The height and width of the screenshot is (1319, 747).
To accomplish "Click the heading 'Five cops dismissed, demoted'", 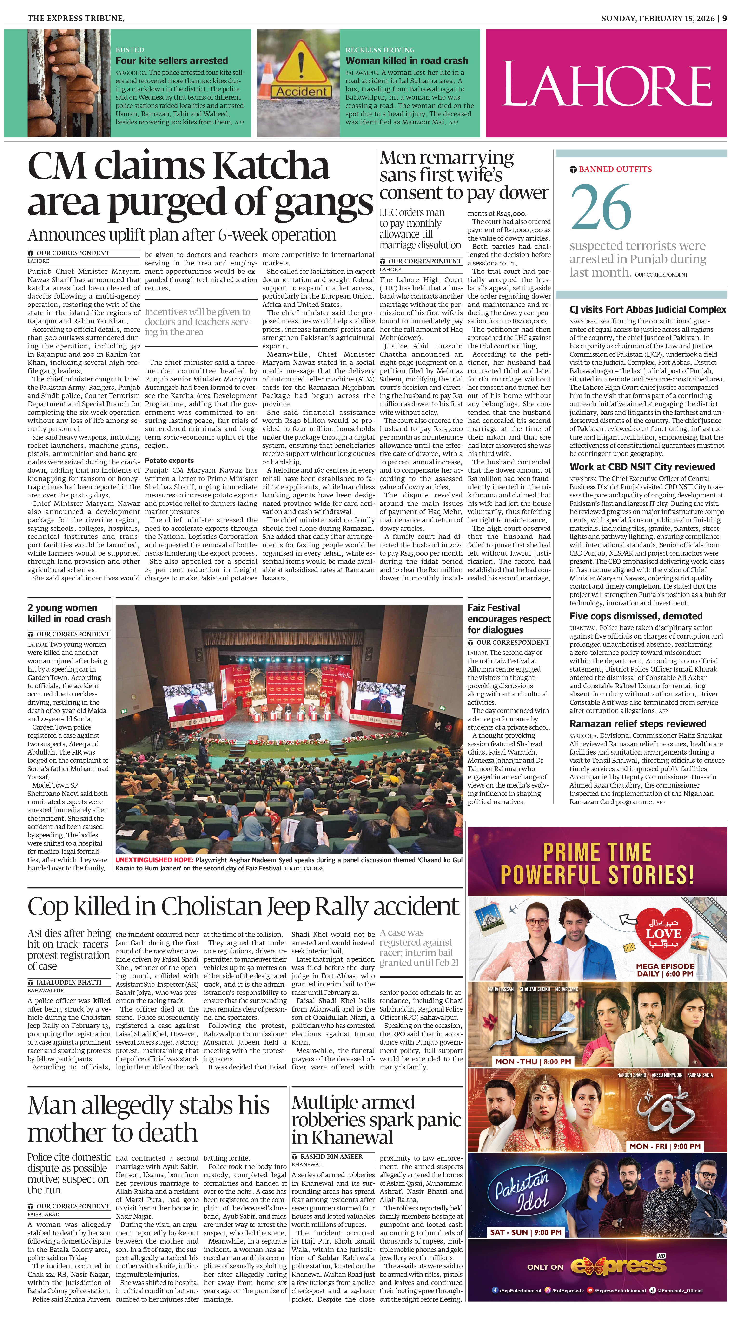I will (636, 616).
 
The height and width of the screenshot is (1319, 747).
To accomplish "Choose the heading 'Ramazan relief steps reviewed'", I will (638, 723).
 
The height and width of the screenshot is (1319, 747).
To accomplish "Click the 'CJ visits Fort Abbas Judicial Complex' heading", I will (648, 310).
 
